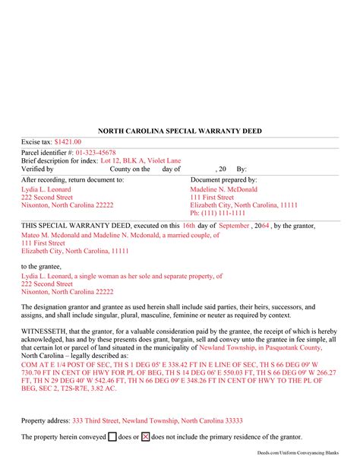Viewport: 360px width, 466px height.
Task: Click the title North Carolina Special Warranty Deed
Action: click(x=180, y=130)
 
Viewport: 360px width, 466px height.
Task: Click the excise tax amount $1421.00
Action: click(x=68, y=142)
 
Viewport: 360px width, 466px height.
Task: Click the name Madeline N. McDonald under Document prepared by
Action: click(x=223, y=189)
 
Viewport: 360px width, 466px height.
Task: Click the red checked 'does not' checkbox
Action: click(x=146, y=437)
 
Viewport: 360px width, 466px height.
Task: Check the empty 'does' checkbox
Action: click(x=112, y=437)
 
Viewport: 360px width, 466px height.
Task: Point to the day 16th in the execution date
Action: click(x=188, y=226)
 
